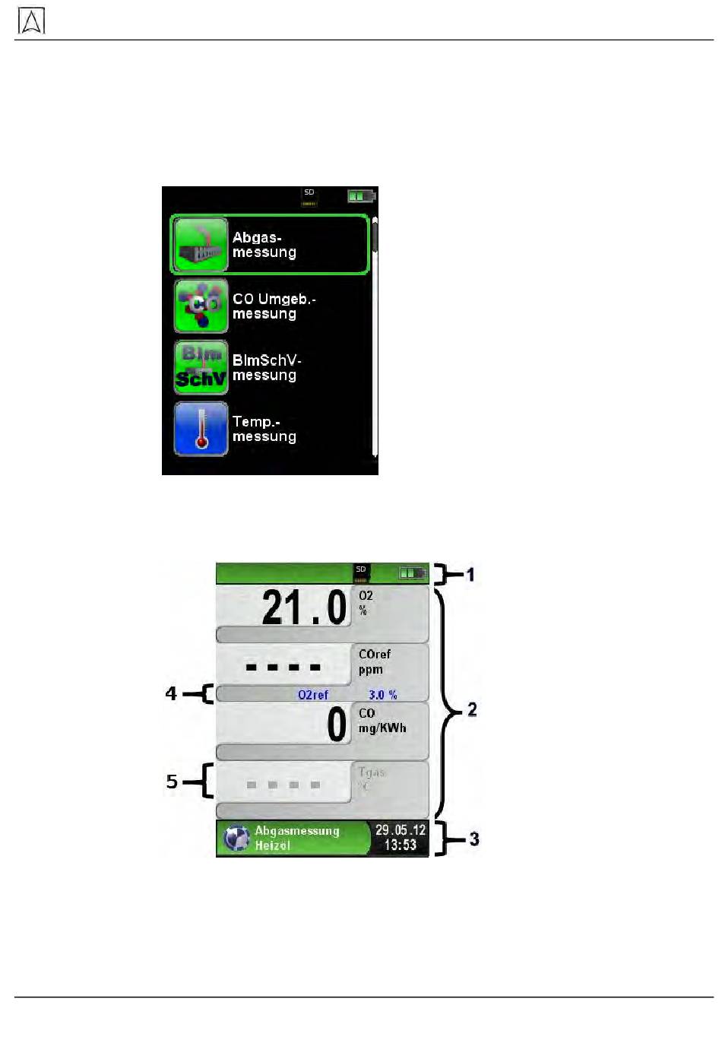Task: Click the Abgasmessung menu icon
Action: (x=201, y=245)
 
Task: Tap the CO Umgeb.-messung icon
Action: (x=201, y=306)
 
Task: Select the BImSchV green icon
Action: (x=201, y=367)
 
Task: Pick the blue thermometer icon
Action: (x=201, y=429)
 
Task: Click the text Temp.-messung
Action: (x=264, y=429)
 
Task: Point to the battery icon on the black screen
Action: (x=361, y=196)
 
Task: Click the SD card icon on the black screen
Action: (x=309, y=197)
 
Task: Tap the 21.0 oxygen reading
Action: (x=304, y=607)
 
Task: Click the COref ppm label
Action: (x=374, y=661)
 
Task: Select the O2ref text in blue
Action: (x=313, y=695)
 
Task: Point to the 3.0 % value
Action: (x=382, y=695)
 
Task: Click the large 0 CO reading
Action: (x=337, y=725)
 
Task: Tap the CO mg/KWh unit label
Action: (x=382, y=721)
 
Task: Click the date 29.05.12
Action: (x=401, y=830)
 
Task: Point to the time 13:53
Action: (x=400, y=845)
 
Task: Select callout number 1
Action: (x=470, y=574)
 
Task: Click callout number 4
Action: (x=172, y=693)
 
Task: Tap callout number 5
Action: (x=173, y=782)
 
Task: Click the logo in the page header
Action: (x=31, y=21)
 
